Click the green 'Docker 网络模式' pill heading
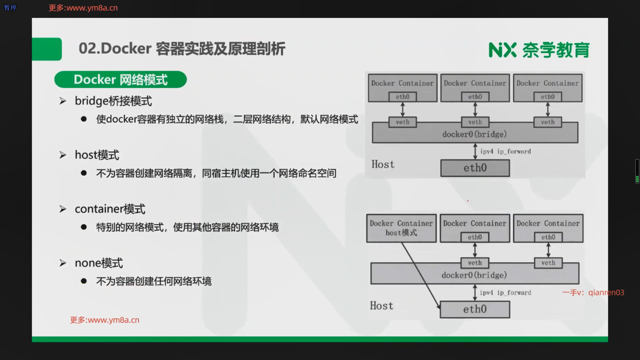pyautogui.click(x=120, y=80)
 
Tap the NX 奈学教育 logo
pyautogui.click(x=539, y=50)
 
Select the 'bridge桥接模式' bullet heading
pyautogui.click(x=113, y=101)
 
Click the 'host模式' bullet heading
pyautogui.click(x=97, y=155)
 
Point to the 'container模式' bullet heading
pyautogui.click(x=110, y=209)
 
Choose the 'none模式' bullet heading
pyautogui.click(x=99, y=263)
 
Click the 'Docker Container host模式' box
pyautogui.click(x=401, y=228)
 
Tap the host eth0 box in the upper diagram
pyautogui.click(x=475, y=168)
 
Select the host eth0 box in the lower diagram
pyautogui.click(x=475, y=309)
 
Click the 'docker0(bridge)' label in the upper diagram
pyautogui.click(x=474, y=134)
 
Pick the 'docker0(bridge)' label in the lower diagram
pyautogui.click(x=474, y=275)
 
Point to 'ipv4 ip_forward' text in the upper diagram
pyautogui.click(x=505, y=152)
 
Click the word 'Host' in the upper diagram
pyautogui.click(x=383, y=164)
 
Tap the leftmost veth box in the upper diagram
pyautogui.click(x=402, y=122)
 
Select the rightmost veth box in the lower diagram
pyautogui.click(x=548, y=263)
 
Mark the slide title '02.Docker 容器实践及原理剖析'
pyautogui.click(x=182, y=49)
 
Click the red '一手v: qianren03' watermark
pyautogui.click(x=593, y=293)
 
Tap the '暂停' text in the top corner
pyautogui.click(x=10, y=8)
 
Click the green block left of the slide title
pyautogui.click(x=47, y=49)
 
